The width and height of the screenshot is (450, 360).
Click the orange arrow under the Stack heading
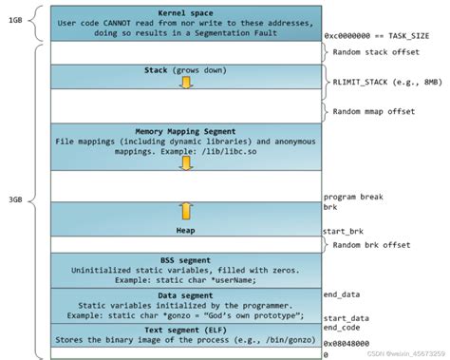186,84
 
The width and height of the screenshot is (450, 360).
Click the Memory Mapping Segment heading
186,131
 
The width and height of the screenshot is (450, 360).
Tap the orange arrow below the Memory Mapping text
186,162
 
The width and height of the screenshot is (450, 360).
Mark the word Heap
186,230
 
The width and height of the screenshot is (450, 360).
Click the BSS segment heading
186,257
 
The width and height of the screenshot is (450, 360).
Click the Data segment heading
186,294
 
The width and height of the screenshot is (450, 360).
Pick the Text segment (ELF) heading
186,329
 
